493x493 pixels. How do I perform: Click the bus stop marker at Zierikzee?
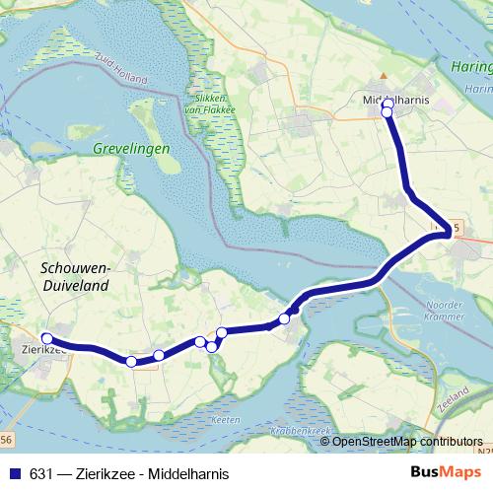point(46,339)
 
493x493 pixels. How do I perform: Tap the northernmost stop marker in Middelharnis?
point(387,104)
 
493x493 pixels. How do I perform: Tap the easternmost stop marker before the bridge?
point(284,318)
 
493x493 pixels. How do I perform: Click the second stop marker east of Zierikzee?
point(159,355)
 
